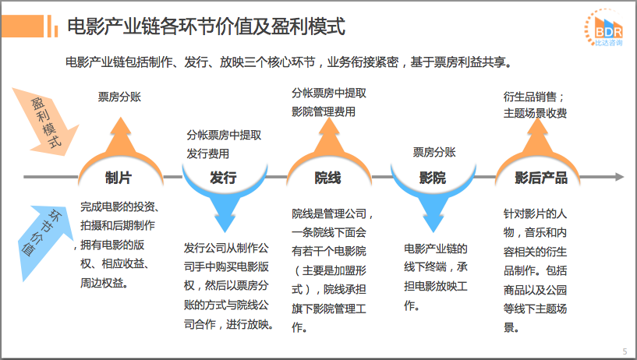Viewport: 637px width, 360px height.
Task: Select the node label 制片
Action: tap(119, 178)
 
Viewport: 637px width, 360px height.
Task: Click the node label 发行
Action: tap(223, 178)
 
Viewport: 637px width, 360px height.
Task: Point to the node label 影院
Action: tap(433, 178)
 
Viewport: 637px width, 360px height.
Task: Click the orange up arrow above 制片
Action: tap(119, 136)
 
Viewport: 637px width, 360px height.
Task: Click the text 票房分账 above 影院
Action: tap(434, 152)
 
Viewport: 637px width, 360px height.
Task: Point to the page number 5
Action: tap(625, 351)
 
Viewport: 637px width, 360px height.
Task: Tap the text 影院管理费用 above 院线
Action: tap(324, 112)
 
